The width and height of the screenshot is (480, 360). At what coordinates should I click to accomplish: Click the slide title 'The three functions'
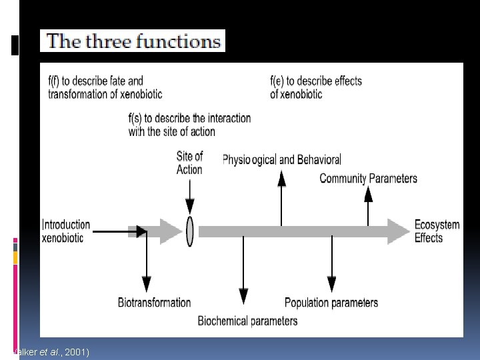click(133, 41)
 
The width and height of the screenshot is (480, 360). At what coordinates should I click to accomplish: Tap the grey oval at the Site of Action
click(190, 231)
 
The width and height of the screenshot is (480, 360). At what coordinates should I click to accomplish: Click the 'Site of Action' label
click(189, 163)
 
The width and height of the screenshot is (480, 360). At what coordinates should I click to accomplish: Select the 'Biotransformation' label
click(155, 303)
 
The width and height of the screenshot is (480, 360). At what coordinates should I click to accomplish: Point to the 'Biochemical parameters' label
click(247, 321)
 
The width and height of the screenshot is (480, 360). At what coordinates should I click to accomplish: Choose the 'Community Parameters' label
click(369, 178)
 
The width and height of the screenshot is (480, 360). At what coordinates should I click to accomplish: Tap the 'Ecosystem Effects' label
click(437, 231)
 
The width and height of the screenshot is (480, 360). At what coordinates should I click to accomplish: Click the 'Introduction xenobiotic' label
click(66, 231)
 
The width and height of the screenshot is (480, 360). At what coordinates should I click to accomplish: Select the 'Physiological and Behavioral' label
click(281, 160)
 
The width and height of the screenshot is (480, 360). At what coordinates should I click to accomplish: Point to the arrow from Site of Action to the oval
click(190, 197)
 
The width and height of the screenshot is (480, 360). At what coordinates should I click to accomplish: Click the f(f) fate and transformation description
click(105, 87)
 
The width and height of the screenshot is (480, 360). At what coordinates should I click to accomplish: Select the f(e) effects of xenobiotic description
click(316, 87)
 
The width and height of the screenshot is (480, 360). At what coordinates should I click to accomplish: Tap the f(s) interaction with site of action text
click(189, 125)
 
